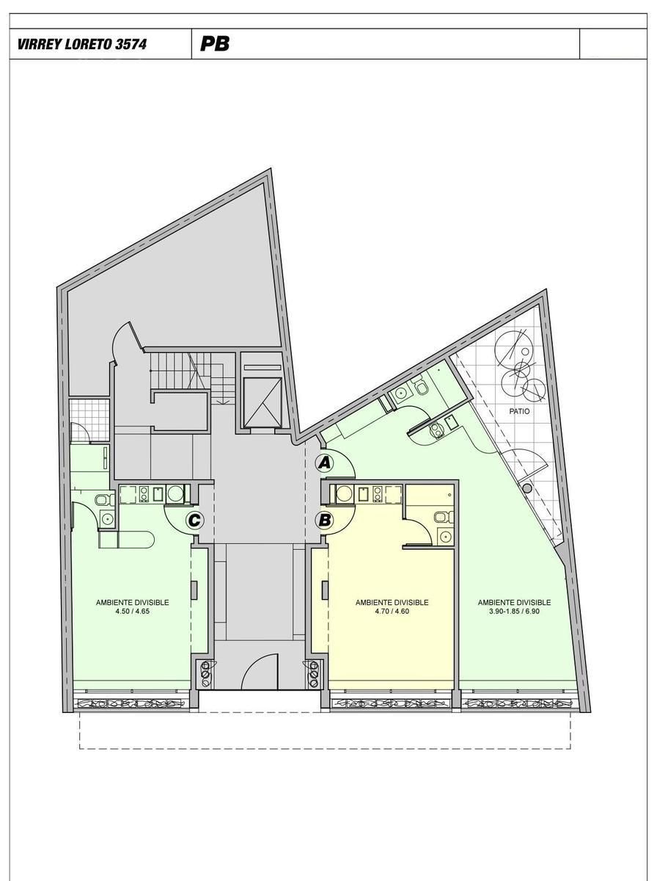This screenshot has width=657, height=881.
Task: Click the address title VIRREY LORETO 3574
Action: coord(82,44)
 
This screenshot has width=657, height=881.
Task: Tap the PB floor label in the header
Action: coord(215,44)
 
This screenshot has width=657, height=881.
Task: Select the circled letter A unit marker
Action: coord(324,463)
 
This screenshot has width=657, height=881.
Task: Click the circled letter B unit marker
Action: coord(324,521)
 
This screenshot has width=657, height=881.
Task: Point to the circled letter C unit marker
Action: coord(194,521)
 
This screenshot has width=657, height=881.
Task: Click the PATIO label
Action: coord(519,411)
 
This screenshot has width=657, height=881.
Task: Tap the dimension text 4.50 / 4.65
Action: coord(132,612)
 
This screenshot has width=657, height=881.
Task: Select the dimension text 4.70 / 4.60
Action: coord(392,612)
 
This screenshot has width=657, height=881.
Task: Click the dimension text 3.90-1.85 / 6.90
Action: coord(514,612)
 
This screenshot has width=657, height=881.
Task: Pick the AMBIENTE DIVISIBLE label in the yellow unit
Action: coord(392,603)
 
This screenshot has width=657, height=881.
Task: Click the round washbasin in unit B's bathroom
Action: coord(445,536)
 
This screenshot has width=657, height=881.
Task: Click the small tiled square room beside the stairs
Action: coord(89,419)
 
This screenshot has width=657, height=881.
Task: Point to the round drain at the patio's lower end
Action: coord(527,488)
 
